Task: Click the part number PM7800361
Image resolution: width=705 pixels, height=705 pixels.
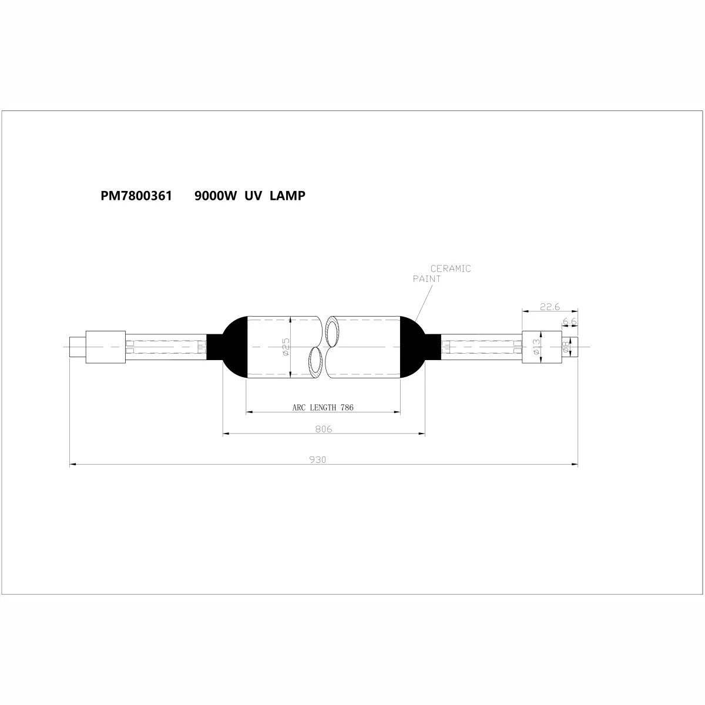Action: [x=136, y=196]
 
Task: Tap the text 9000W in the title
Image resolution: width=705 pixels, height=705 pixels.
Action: [x=216, y=196]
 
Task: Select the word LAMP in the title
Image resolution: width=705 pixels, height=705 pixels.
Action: [x=287, y=196]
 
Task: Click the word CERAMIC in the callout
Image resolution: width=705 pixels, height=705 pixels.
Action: [x=451, y=268]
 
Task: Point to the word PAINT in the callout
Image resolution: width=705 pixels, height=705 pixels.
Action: [x=427, y=279]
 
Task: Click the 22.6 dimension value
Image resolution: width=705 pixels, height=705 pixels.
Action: [x=550, y=307]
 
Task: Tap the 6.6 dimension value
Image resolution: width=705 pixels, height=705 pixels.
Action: [x=569, y=321]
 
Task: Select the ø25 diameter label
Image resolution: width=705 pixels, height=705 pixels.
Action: [x=286, y=347]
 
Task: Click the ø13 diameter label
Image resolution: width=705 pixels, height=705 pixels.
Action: [x=536, y=347]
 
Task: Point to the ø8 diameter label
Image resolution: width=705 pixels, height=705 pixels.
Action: [x=566, y=347]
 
